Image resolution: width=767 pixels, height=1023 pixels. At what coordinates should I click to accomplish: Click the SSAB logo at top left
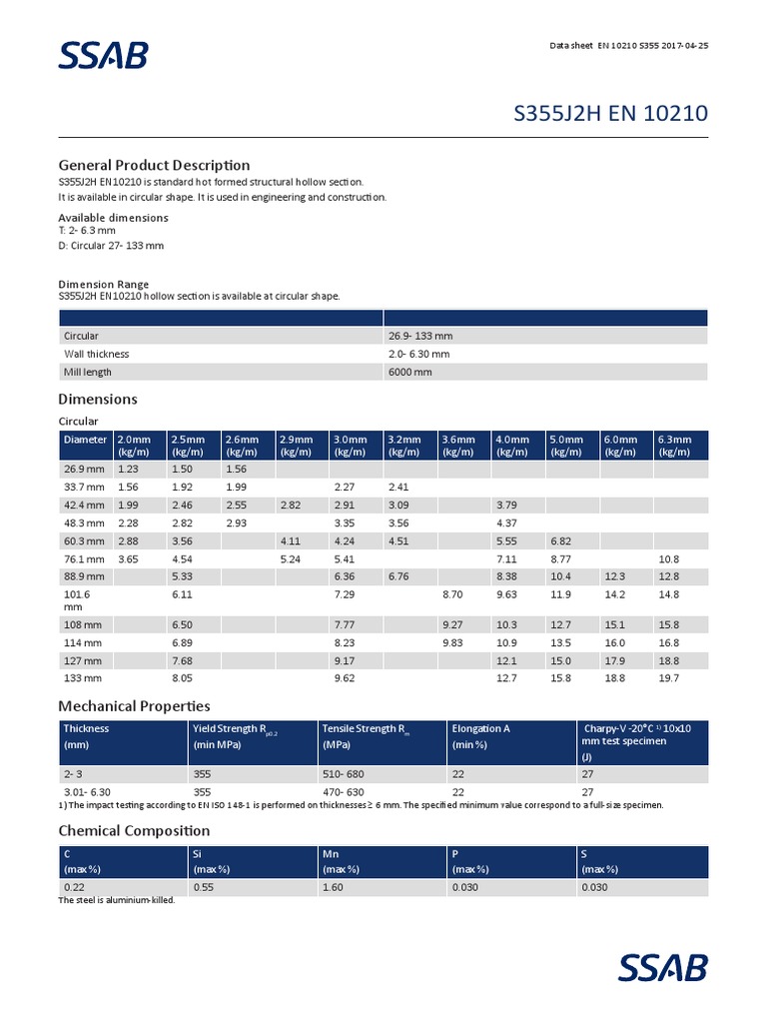(x=103, y=54)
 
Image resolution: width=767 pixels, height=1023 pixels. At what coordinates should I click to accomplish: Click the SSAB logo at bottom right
(x=663, y=968)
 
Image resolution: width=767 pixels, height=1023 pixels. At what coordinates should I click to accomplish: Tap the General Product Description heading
(x=154, y=165)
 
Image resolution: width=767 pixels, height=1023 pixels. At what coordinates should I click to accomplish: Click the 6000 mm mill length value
(x=410, y=372)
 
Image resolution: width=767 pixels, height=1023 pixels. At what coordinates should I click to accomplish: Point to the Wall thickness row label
(x=97, y=354)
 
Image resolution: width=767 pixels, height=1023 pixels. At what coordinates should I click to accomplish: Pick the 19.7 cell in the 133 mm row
(x=668, y=678)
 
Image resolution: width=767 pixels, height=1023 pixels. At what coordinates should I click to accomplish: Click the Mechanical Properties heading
(x=134, y=706)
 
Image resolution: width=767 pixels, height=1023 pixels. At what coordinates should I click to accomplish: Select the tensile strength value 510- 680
(x=344, y=773)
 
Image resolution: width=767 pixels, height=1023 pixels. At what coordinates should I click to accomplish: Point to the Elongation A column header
(x=480, y=728)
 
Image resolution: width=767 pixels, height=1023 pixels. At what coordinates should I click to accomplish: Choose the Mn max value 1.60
(x=334, y=887)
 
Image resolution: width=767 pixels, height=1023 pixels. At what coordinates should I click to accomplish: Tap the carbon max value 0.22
(x=74, y=887)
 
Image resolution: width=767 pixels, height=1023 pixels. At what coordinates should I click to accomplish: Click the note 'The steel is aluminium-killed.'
(x=117, y=900)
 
